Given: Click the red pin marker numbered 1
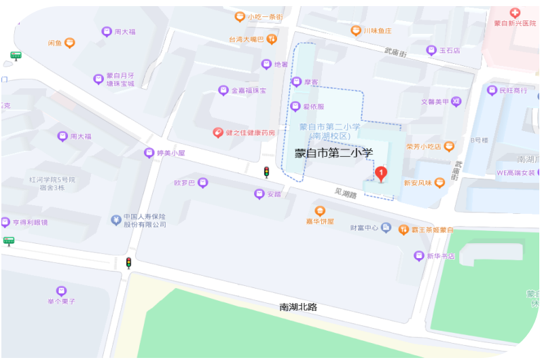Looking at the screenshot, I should tap(381, 174).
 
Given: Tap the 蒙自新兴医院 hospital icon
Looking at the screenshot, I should tap(515, 13).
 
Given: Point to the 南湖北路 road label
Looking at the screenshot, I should tap(298, 307).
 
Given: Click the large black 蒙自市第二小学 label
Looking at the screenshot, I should tap(334, 154).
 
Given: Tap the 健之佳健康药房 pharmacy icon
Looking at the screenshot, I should tap(217, 132).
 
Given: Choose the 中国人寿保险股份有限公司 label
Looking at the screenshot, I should tap(145, 220).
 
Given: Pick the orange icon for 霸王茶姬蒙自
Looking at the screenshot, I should tap(403, 230).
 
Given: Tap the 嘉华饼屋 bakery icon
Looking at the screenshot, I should tap(320, 210).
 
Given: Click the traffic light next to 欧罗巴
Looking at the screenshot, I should tap(266, 172).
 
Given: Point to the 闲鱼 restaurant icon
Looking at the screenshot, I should tap(70, 43).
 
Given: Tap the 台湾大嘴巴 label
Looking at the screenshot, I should tap(246, 39).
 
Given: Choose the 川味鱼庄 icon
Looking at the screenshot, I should tap(354, 31).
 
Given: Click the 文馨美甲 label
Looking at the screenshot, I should tap(435, 102).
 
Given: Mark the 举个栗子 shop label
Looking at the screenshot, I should tap(61, 300).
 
